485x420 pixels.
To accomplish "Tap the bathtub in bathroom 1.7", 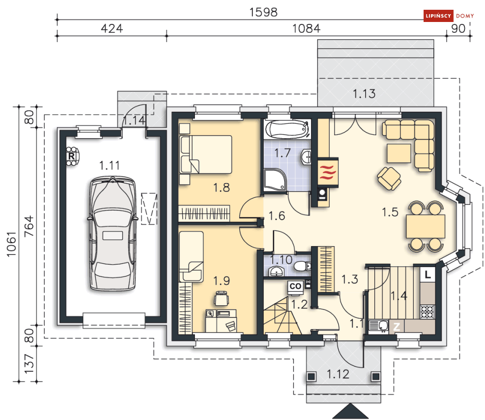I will (x=288, y=130).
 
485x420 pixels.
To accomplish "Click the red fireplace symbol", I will (x=326, y=173).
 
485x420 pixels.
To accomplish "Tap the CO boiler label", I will (x=296, y=286).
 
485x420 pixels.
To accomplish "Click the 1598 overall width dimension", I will (x=263, y=12).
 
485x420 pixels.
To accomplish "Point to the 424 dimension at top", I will (x=112, y=28).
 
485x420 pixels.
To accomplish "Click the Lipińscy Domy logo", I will (x=448, y=16).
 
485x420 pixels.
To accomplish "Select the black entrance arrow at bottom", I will (x=348, y=411).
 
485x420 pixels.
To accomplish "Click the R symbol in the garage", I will (x=72, y=157).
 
